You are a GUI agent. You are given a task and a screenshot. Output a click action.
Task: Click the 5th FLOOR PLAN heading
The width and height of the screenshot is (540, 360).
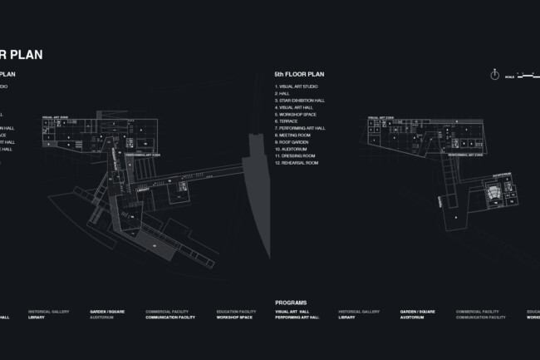pos(300,74)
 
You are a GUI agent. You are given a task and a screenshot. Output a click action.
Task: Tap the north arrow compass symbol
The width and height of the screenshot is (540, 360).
pos(494,73)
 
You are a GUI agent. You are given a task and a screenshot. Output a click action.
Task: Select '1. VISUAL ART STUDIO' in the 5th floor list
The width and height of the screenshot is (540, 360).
pos(297,86)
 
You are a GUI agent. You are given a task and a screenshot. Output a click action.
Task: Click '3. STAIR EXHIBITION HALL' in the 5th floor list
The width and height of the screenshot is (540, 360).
pos(302,101)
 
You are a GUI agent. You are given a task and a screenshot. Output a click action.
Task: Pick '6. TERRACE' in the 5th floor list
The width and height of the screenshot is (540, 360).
pos(287,121)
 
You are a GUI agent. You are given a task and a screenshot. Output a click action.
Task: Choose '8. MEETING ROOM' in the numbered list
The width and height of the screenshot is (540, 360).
pos(293,135)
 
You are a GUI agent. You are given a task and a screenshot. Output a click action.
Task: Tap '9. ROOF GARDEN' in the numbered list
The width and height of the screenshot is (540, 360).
pos(293,142)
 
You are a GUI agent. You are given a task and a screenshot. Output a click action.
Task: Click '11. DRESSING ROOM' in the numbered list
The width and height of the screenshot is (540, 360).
pos(296,155)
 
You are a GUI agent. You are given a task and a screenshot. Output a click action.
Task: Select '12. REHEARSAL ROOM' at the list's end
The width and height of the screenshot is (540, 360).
pos(297,163)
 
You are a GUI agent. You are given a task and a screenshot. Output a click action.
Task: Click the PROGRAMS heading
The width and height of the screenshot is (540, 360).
pos(291,303)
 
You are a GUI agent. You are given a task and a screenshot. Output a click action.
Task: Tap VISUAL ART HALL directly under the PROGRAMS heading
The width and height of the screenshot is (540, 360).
pos(292,312)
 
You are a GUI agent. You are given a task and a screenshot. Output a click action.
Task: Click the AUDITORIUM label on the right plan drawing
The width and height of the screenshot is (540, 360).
pos(501,175)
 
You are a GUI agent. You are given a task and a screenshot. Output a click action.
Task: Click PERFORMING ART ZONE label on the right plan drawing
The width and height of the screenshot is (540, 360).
pos(461,155)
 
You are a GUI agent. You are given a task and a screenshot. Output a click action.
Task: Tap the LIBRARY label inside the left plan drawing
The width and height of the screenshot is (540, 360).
pos(142,188)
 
